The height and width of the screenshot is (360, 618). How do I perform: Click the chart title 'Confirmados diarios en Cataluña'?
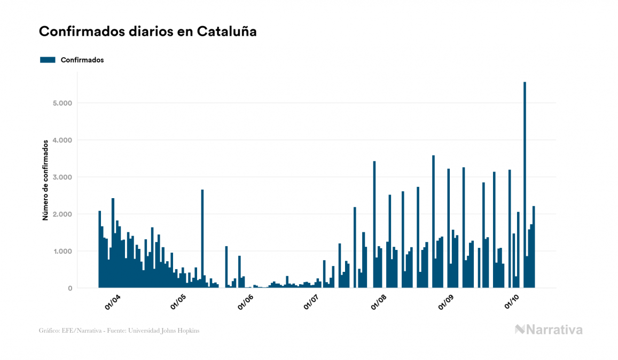147,32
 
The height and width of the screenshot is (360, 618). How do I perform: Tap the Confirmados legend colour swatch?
48,60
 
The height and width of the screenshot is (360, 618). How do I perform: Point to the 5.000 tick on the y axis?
62,103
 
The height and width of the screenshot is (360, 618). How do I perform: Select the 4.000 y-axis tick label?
62,140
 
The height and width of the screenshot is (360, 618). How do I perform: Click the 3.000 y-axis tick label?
62,177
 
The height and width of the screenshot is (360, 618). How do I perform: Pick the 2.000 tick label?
62,214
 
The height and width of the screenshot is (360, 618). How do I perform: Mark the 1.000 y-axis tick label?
62,251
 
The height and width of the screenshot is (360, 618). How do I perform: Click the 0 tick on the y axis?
70,288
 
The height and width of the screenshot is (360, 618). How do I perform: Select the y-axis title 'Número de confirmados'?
46,180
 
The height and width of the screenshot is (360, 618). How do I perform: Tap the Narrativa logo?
549,330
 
